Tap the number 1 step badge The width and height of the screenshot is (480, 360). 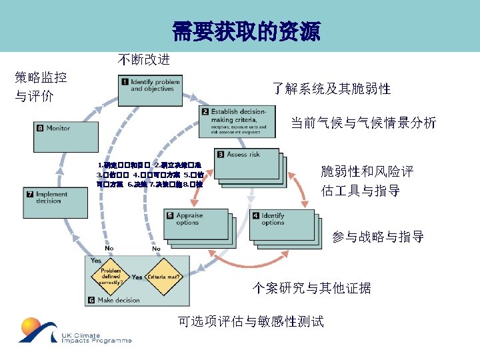coord(125,82)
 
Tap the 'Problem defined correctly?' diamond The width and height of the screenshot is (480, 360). coord(110,277)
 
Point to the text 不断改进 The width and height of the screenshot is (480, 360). coord(144,60)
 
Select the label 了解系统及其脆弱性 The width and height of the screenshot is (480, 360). coord(331,89)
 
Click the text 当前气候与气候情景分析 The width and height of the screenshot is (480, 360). coord(363,123)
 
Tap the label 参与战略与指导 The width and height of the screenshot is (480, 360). coord(378,237)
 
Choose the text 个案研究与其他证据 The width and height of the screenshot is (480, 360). coord(311,288)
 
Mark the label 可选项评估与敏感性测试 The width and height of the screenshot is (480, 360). coord(251,321)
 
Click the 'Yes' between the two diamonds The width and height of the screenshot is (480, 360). coord(137,277)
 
